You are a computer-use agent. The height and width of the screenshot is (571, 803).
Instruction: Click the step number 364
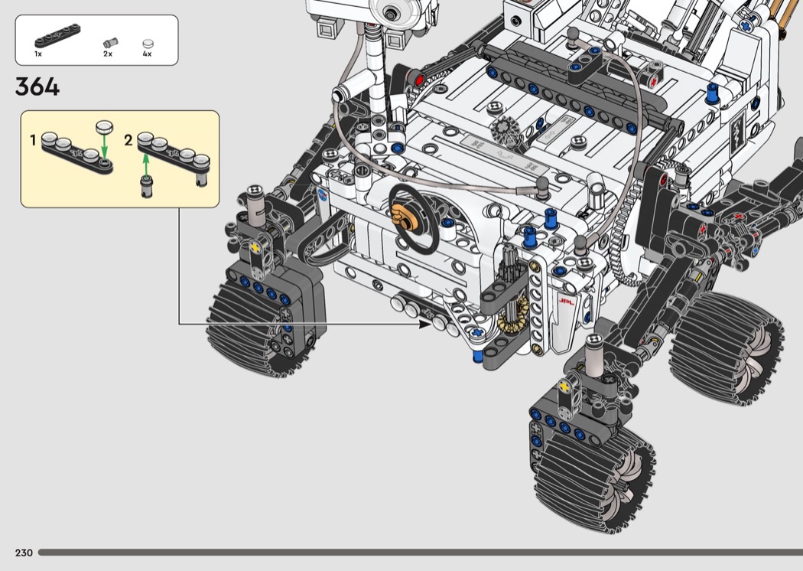(37, 86)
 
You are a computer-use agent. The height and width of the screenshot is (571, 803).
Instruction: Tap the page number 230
(24, 553)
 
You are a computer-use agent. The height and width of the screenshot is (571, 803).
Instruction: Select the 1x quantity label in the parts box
(38, 54)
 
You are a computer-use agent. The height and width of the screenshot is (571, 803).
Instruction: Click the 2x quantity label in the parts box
(108, 54)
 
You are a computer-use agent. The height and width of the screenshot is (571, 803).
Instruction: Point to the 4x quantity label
(147, 54)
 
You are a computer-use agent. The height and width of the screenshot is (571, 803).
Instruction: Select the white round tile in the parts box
(148, 44)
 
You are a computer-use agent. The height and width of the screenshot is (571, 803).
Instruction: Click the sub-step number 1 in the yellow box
(34, 140)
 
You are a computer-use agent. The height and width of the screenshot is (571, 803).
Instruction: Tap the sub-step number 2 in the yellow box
(128, 140)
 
